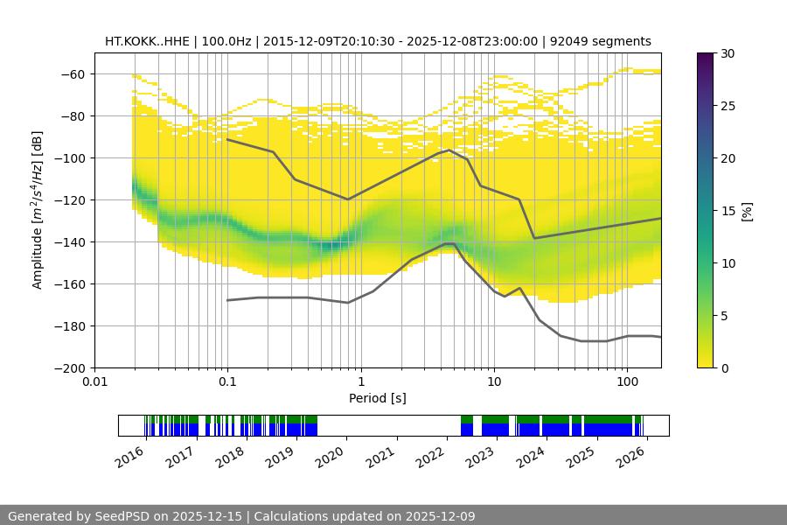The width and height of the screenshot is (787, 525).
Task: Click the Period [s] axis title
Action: click(378, 399)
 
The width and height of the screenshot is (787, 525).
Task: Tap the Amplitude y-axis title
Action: click(38, 211)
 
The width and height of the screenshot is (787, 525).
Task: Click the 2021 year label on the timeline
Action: click(382, 456)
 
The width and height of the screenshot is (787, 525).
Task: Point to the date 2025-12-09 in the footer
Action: click(435, 516)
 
